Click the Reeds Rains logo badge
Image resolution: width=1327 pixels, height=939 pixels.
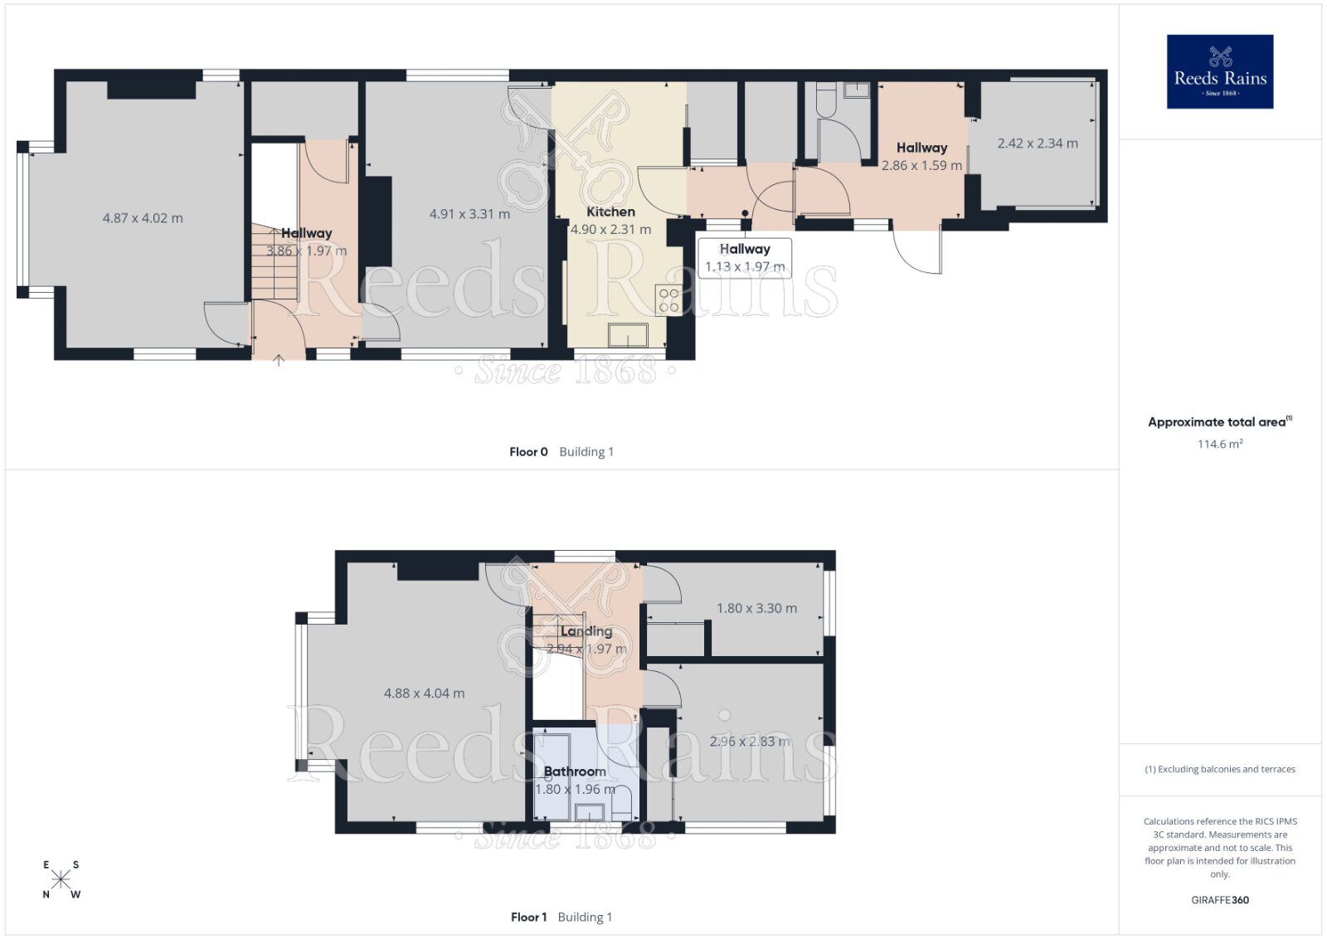point(1219,71)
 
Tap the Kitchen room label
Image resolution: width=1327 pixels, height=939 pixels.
point(610,212)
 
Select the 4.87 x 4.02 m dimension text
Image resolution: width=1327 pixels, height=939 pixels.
point(143,218)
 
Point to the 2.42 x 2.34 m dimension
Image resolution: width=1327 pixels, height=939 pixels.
point(1038,144)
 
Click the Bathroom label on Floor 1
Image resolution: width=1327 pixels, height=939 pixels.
point(575,771)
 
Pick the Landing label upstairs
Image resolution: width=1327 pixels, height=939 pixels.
point(586,631)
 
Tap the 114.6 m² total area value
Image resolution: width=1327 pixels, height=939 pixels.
point(1219,444)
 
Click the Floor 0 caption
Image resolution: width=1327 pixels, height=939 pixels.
point(528,452)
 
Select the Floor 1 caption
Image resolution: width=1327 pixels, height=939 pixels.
point(528,917)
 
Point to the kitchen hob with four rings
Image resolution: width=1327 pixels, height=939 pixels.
point(668,300)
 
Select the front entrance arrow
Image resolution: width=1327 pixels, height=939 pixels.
point(279,359)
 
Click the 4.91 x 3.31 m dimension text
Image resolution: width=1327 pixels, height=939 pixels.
point(469,214)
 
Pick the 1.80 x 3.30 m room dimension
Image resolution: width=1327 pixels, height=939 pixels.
point(756,608)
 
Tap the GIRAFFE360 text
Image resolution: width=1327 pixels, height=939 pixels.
point(1218,900)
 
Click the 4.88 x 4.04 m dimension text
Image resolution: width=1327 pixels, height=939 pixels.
point(424,693)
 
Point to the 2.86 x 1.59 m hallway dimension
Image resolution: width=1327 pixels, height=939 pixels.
point(921,165)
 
